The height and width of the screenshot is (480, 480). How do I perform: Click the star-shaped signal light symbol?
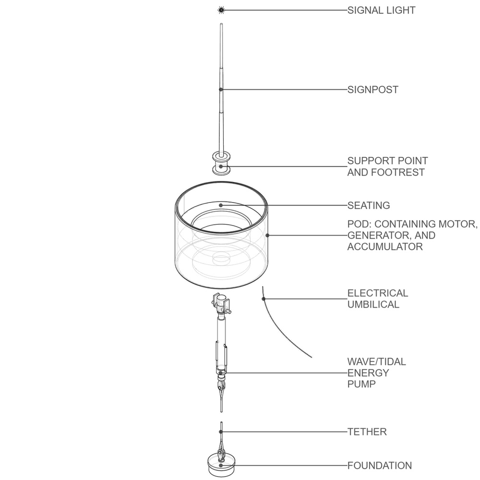221,10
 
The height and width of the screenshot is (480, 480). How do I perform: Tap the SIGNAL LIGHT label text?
381,10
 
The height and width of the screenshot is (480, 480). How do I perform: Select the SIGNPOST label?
373,90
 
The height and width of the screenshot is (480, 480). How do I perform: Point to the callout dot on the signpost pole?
221,89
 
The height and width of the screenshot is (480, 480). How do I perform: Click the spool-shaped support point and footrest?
221,164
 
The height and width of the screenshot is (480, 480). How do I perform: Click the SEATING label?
369,205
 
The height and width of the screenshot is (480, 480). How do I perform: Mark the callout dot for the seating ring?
221,205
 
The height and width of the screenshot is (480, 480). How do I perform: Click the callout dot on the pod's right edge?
267,235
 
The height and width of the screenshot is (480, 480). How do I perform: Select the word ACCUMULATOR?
385,247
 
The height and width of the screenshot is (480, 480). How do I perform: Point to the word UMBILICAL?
373,305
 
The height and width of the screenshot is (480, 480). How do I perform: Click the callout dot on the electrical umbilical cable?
264,299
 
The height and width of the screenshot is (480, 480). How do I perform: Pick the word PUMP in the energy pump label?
361,384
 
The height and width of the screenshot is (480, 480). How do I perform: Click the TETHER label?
367,432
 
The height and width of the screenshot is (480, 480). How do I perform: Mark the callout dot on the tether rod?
221,432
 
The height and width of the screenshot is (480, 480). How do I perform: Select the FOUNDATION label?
380,466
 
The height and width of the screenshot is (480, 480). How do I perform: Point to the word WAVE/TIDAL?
376,362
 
